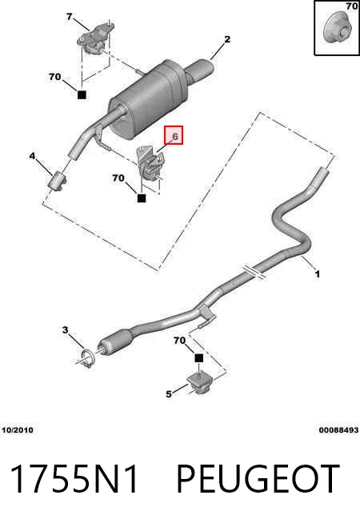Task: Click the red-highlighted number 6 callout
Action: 174,135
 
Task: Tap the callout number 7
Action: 69,16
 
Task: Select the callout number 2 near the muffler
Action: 227,39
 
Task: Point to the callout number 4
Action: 32,156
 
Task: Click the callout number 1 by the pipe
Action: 318,274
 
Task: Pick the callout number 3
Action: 65,330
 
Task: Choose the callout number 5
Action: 169,394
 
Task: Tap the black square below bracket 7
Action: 82,94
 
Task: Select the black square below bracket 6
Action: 142,198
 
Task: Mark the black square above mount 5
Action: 198,358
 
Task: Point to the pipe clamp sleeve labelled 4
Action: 58,182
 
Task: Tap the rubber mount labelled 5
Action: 200,383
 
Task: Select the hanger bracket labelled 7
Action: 95,38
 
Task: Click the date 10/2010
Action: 18,430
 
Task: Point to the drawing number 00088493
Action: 338,430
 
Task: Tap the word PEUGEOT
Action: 258,479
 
